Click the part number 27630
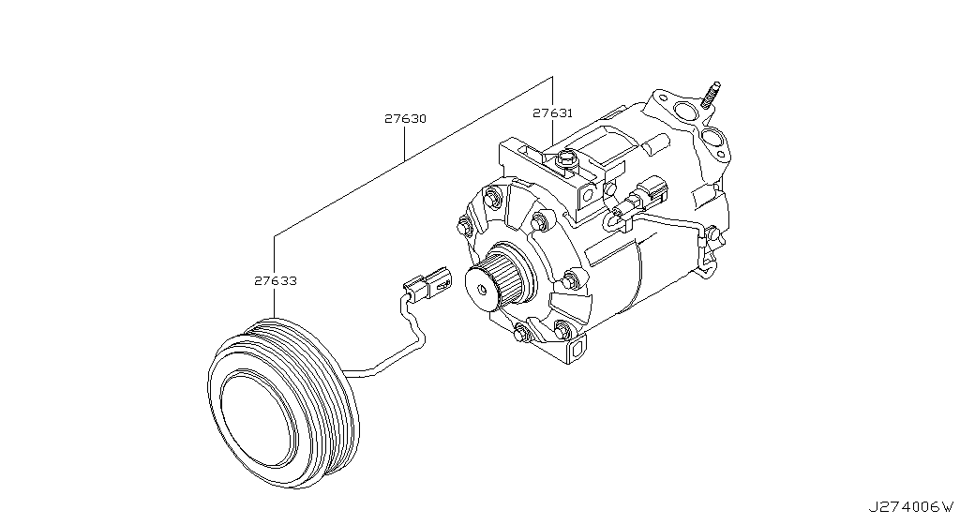click(405, 119)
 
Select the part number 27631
click(552, 112)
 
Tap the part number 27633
click(275, 279)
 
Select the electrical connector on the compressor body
click(647, 196)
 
